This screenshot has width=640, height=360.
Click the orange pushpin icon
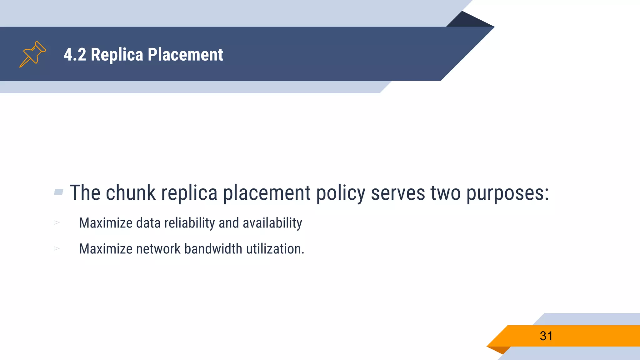click(32, 54)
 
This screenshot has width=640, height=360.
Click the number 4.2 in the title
click(75, 55)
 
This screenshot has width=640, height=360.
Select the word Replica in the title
click(117, 55)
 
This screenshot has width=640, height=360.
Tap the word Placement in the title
click(185, 55)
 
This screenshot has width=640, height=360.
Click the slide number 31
click(546, 336)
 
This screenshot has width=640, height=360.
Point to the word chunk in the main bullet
click(131, 193)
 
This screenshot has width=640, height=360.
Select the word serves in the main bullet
click(398, 193)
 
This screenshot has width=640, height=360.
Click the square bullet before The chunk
click(58, 192)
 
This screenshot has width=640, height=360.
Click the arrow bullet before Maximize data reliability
click(57, 222)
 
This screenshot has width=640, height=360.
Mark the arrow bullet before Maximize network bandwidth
click(57, 248)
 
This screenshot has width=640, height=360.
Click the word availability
click(272, 223)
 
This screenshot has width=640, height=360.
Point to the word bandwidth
click(213, 249)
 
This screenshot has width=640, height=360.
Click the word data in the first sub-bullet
click(148, 223)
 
